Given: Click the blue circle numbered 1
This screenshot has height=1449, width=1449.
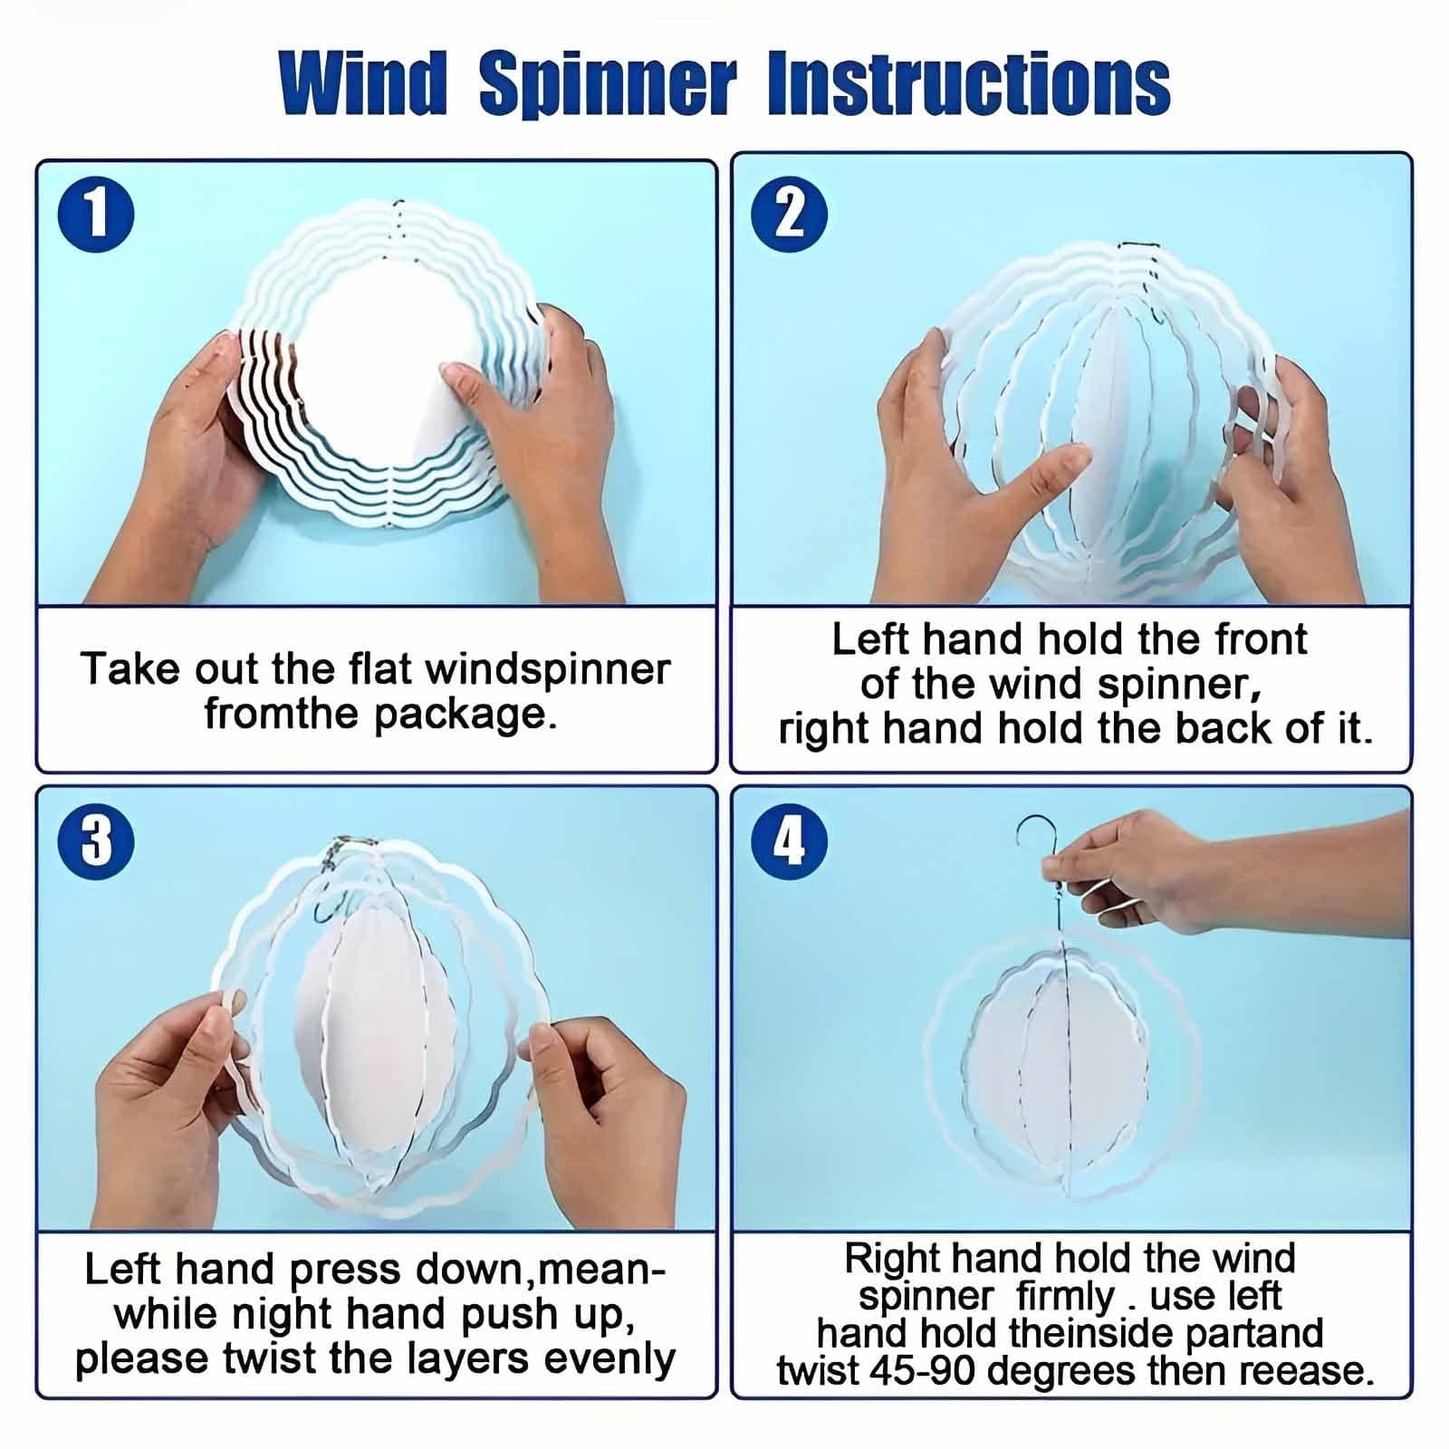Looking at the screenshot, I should pos(96,216).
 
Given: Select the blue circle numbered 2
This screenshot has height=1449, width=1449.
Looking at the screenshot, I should pos(790,215).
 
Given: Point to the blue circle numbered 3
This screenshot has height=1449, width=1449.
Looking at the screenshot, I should pos(96,840).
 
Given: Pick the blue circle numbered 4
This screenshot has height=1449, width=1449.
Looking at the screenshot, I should pos(790,840).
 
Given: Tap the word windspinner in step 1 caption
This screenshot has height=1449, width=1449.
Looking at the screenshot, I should pos(547,669).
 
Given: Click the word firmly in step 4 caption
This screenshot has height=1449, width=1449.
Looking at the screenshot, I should pos(1065,1296).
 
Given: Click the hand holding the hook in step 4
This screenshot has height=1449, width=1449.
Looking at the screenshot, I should pos(1141,865).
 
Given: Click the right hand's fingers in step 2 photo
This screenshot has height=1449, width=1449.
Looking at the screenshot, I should pos(1263,426).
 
